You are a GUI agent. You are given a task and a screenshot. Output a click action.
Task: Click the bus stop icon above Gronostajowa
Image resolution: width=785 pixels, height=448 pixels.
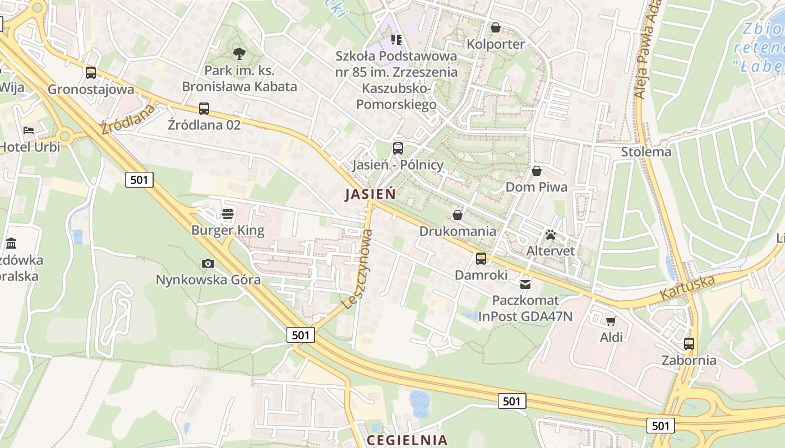90,73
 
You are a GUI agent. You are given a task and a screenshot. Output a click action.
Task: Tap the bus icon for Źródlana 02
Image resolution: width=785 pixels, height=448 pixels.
204,109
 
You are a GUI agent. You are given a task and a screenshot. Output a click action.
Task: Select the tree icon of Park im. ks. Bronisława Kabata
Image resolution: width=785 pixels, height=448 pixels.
239,54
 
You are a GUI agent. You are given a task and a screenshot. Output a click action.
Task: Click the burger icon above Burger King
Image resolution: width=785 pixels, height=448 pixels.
228,214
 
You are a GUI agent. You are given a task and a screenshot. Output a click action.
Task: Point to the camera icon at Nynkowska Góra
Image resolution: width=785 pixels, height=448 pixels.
208,263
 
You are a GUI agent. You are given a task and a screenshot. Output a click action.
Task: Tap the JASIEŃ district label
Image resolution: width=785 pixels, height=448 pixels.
370,194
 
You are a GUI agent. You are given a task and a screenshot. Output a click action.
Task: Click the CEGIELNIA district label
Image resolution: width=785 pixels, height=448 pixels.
407,440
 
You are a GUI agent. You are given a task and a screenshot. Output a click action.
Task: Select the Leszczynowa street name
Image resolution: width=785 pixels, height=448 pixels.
357,277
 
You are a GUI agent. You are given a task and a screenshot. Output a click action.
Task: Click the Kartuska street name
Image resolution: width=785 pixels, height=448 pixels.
687,287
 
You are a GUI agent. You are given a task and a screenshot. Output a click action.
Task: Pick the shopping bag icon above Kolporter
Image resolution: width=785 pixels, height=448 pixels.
496,27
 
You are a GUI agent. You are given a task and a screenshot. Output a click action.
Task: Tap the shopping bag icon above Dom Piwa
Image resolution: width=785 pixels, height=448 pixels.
537,171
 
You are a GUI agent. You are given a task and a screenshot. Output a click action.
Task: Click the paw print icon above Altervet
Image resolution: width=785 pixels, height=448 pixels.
551,235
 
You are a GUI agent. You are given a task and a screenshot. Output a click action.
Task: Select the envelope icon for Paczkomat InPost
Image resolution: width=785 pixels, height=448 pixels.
525,284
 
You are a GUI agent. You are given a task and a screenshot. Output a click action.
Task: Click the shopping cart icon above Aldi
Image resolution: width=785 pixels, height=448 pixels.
611,321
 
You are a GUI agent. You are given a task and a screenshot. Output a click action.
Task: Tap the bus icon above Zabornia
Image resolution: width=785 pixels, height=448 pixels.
689,344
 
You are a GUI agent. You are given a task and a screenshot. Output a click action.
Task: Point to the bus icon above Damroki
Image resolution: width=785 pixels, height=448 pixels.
481,259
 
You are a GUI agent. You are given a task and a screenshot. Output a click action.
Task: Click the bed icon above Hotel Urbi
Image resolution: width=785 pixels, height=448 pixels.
29,130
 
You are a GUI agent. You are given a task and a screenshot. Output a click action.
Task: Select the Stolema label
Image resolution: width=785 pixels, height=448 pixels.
646,152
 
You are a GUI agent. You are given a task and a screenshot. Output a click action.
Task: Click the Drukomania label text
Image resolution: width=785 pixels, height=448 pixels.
458,231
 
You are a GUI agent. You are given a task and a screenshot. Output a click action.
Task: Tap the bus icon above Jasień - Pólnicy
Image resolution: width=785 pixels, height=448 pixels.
398,148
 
